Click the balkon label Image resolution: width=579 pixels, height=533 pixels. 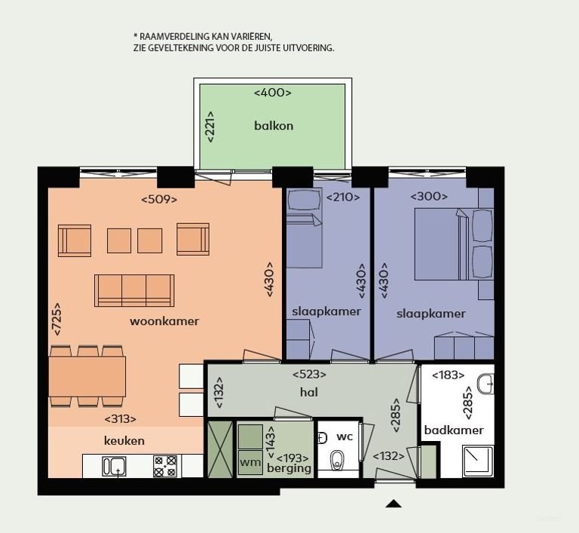click(273, 126)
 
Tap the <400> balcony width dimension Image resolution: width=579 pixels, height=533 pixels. click(272, 93)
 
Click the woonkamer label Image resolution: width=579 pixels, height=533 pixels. click(164, 321)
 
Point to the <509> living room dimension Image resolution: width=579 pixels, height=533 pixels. click(159, 200)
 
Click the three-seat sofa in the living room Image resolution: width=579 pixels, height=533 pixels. click(134, 290)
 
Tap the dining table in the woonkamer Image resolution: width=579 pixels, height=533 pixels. click(87, 376)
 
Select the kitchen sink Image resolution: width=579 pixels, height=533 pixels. click(115, 467)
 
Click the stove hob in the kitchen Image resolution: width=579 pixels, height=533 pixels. click(165, 466)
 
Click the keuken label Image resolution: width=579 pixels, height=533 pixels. click(124, 441)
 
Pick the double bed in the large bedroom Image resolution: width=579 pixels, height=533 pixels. click(443, 243)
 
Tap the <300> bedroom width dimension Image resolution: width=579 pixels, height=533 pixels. click(429, 197)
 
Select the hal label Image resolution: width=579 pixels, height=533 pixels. click(308, 392)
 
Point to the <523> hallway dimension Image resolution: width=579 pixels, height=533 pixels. click(309, 374)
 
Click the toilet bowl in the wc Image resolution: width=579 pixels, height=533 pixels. click(337, 459)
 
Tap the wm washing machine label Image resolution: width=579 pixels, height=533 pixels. click(250, 461)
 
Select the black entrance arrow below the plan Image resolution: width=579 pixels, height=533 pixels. click(394, 504)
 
